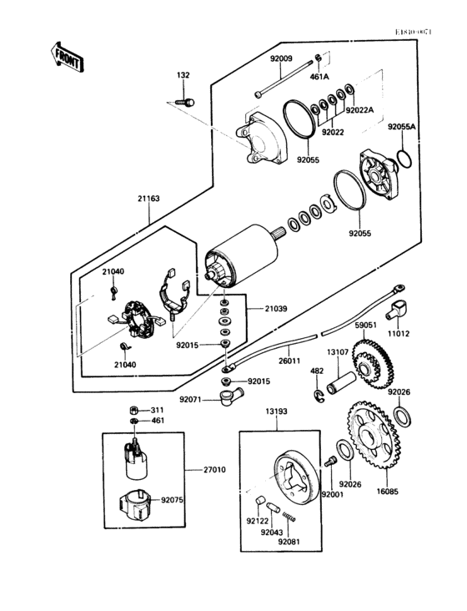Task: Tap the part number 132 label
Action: pyautogui.click(x=183, y=76)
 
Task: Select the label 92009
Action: pyautogui.click(x=281, y=59)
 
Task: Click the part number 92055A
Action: pyautogui.click(x=401, y=126)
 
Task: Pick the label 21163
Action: pyautogui.click(x=150, y=199)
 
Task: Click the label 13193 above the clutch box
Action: pyautogui.click(x=277, y=412)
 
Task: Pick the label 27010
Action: pyautogui.click(x=214, y=470)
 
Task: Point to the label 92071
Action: pyautogui.click(x=192, y=400)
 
